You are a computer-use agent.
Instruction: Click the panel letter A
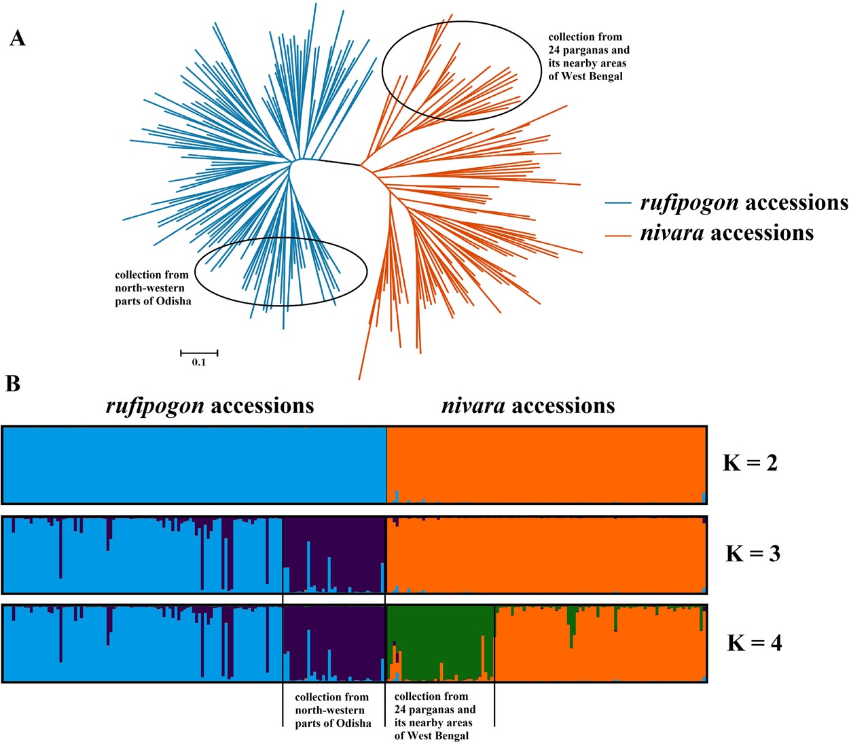(18, 38)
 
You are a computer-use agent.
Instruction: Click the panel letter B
(13, 384)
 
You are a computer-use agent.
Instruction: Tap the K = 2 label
(750, 463)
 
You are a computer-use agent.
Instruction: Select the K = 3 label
(753, 554)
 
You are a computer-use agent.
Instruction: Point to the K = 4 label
(754, 643)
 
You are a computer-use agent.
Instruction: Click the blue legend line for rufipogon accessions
(617, 203)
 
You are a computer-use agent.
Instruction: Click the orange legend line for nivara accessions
(617, 234)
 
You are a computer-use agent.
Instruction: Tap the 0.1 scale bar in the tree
(199, 353)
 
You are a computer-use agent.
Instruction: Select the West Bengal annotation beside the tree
(588, 56)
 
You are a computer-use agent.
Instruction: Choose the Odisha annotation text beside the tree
(152, 288)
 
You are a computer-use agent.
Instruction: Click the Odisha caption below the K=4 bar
(333, 710)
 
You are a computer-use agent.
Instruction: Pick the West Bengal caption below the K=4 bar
(435, 715)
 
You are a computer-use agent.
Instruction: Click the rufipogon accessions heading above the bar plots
(210, 406)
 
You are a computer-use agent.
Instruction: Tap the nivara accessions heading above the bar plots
(528, 406)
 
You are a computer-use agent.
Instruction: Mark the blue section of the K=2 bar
(194, 465)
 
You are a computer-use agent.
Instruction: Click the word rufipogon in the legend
(689, 203)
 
